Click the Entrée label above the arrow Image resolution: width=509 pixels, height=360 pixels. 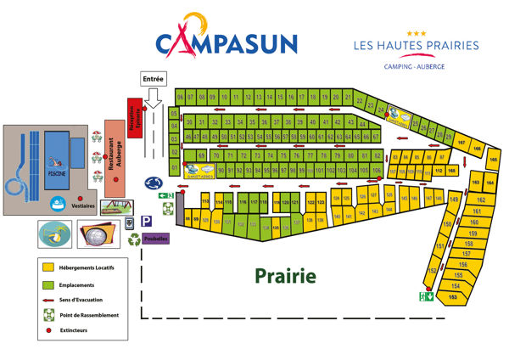click(153, 78)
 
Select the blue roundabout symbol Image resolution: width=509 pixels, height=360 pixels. click(154, 182)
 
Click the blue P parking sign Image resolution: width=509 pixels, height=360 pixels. click(146, 221)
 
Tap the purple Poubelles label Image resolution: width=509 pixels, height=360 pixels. click(155, 239)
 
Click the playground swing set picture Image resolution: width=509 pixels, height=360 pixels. click(117, 206)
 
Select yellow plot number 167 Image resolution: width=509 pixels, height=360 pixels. click(462, 143)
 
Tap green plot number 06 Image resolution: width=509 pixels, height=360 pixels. click(180, 96)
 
